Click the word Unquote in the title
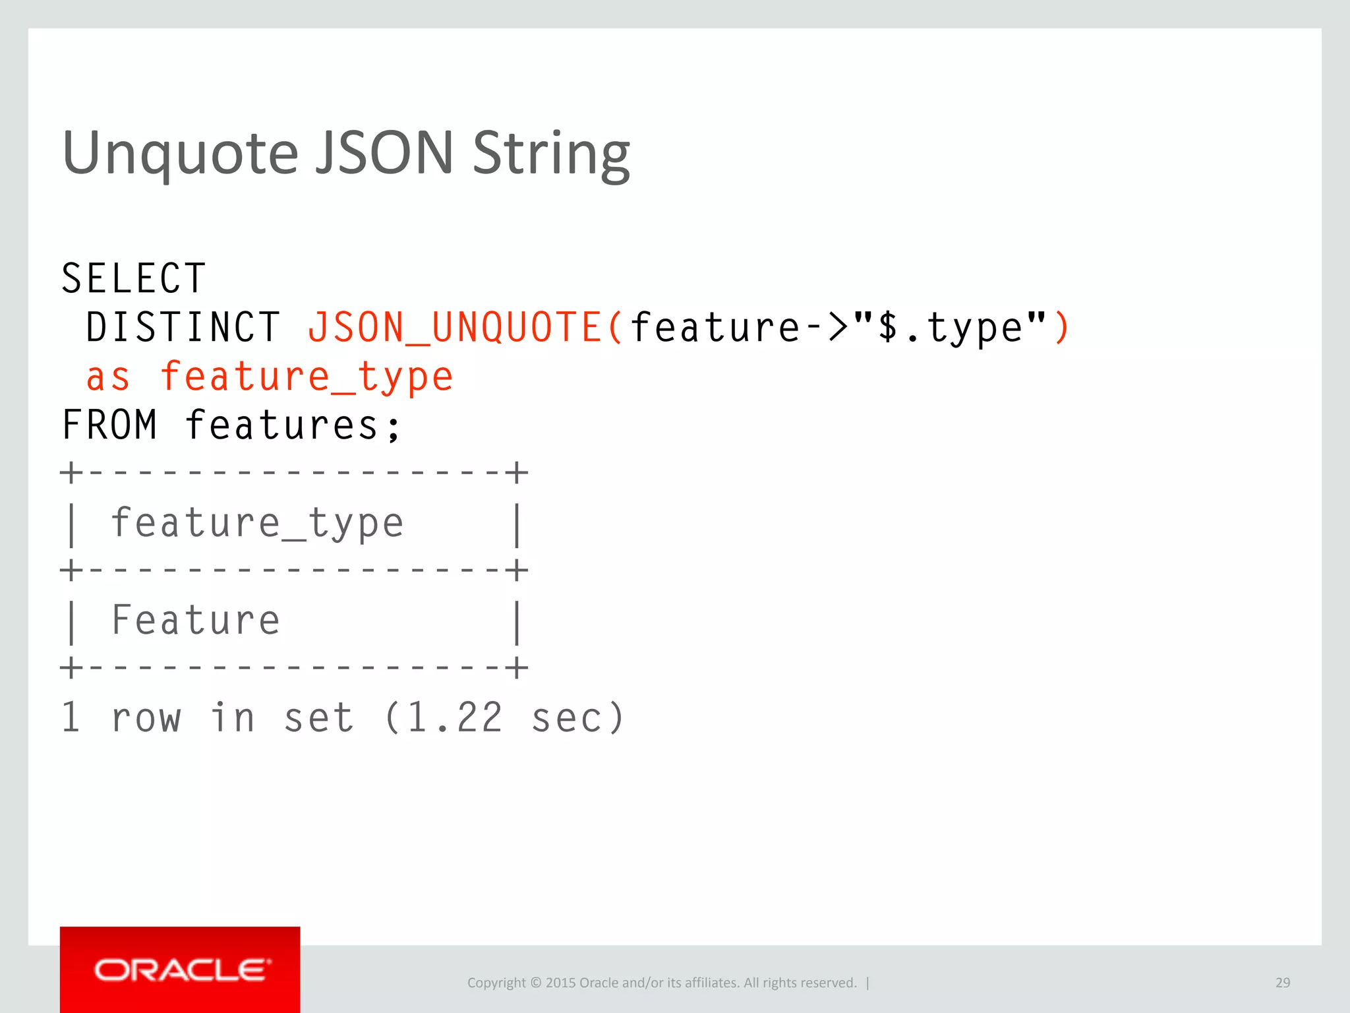coord(180,153)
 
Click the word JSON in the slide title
coord(384,153)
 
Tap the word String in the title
coord(551,153)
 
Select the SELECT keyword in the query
coord(134,278)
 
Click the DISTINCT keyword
coord(183,327)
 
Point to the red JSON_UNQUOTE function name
coord(455,327)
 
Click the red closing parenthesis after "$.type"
coord(1061,327)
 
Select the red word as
coord(109,377)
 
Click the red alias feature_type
coord(307,377)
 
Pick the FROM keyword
coord(109,425)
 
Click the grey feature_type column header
coord(257,524)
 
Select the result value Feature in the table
coord(196,621)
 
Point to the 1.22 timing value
coord(455,718)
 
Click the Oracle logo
coord(180,970)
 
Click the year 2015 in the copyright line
coord(560,983)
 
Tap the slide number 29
coord(1282,983)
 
